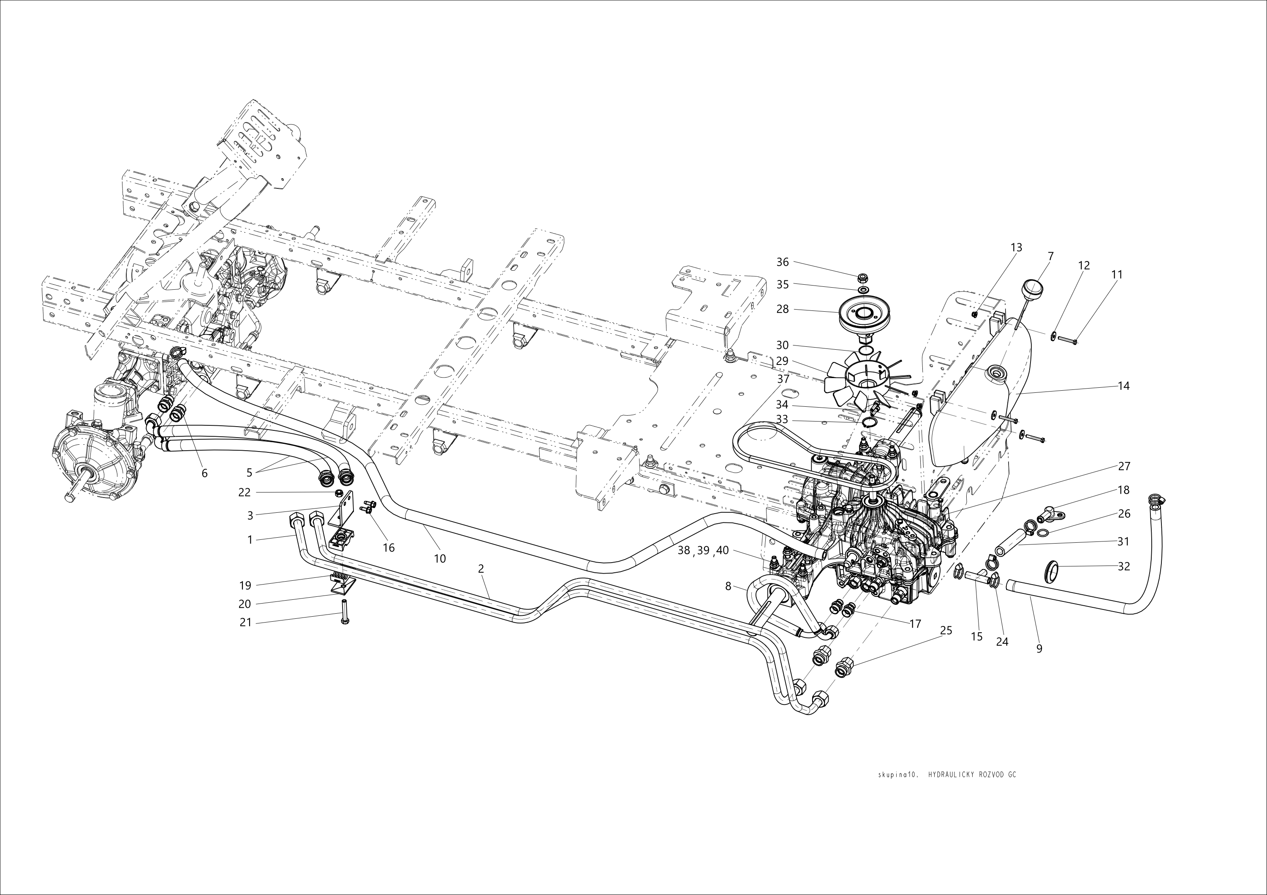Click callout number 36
[783, 262]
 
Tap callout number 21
[245, 623]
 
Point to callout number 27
[1124, 466]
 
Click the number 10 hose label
[440, 558]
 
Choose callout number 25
[946, 630]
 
